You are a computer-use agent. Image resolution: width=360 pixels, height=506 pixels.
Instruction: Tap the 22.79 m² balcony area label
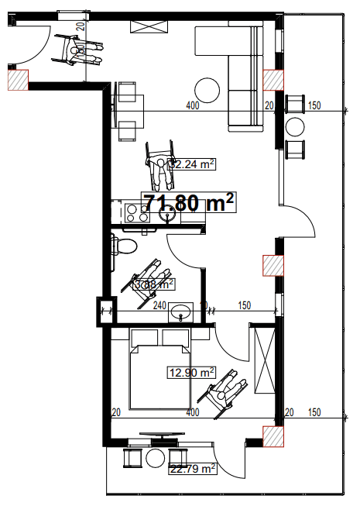[192, 468]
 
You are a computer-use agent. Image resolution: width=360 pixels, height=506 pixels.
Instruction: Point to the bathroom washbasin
[183, 313]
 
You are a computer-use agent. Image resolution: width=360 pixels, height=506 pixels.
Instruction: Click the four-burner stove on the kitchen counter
[136, 212]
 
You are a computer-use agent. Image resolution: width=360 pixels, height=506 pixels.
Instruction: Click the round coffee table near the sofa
[208, 88]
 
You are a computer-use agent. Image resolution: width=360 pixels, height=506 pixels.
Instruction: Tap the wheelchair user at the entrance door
[80, 53]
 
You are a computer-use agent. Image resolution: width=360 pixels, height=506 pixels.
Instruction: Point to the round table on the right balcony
[296, 127]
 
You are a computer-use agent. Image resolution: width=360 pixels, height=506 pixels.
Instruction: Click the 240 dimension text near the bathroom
[159, 306]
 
